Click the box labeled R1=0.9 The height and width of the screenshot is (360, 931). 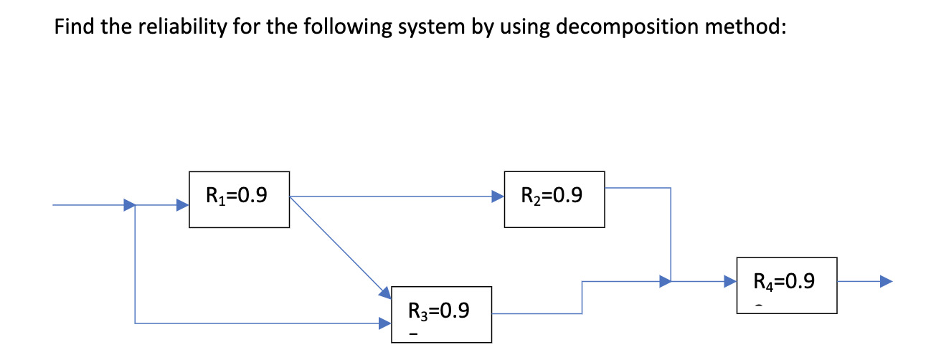[x=239, y=199]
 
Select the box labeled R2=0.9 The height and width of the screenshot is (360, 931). [x=554, y=199]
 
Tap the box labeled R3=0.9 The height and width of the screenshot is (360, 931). [x=441, y=314]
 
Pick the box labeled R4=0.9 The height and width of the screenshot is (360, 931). [x=786, y=285]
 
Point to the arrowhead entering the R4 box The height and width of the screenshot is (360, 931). [x=729, y=281]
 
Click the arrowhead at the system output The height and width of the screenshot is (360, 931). [x=887, y=281]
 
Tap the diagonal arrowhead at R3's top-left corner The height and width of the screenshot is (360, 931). [x=385, y=292]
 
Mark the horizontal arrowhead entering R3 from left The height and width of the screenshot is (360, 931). [x=385, y=323]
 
